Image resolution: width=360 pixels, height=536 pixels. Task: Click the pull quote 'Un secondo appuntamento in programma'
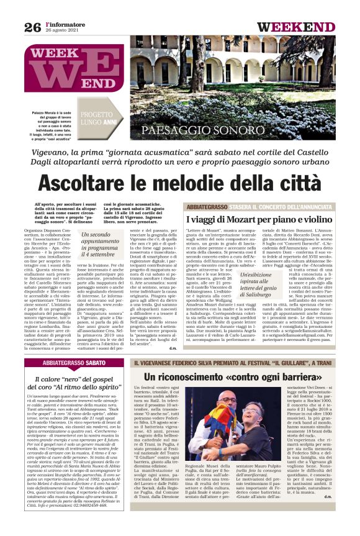(98, 244)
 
